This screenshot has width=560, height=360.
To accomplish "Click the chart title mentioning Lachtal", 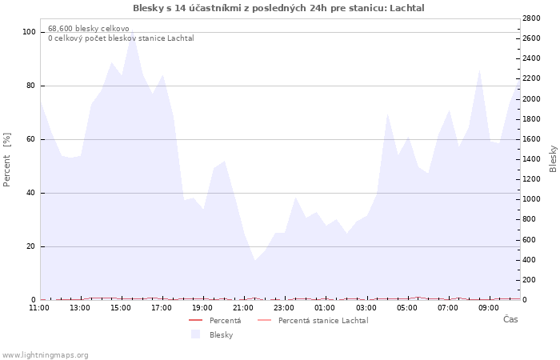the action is pos(278,8).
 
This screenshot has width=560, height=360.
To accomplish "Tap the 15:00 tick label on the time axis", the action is pos(120,308).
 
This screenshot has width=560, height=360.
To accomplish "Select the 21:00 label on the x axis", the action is pos(243,308).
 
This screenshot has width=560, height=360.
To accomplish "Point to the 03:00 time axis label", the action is pos(366,308).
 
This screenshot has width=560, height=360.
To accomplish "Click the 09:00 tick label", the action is pos(489,308).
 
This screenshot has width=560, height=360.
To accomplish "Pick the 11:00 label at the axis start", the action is pos(39,308).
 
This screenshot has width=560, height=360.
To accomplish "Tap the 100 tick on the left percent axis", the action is pos(29,32).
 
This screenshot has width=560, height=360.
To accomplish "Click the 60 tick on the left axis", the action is pos(31,139).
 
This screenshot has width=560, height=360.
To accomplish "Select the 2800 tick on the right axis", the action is pos(531,18).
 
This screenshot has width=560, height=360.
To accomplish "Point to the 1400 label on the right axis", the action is pos(531,159).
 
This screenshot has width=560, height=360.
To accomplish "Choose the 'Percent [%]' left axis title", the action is pos(6,160).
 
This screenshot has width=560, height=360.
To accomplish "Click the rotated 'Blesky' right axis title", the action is pos(553,158).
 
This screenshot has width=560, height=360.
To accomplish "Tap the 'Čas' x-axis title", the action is pos(510,319).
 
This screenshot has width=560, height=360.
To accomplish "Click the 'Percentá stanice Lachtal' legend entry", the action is pos(313,321).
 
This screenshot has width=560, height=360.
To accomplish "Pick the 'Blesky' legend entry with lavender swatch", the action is pos(212,334).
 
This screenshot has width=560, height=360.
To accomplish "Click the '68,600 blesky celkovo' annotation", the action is pos(89,29).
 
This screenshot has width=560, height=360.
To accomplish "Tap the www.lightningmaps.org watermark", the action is pos(45,355).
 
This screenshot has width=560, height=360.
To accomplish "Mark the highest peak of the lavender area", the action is pos(132,29).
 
